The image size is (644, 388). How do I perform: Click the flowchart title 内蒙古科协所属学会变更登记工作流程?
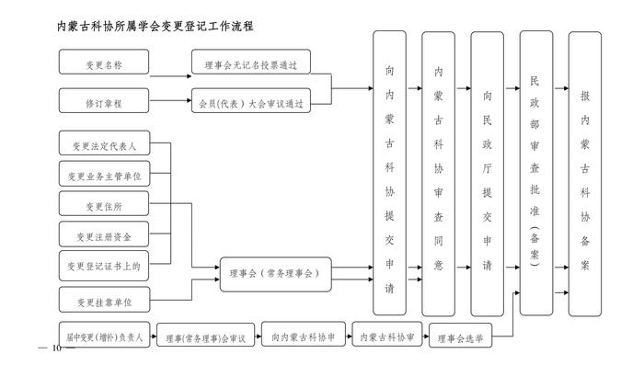155,27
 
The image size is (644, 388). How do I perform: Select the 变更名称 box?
104,63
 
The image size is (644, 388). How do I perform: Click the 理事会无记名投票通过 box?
250,63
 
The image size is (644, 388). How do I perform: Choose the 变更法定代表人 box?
104,145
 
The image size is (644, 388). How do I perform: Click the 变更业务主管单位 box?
104,175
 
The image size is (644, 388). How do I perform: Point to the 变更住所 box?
104,205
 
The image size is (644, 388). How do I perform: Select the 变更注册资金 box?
104,235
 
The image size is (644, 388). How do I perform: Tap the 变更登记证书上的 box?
104,266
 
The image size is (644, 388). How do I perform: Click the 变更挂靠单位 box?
104,301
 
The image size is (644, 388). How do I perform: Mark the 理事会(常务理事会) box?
274,274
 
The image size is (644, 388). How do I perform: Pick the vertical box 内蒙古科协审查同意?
438,173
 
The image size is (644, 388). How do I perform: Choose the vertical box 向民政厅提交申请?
487,173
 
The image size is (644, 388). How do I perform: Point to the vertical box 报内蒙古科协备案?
585,173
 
